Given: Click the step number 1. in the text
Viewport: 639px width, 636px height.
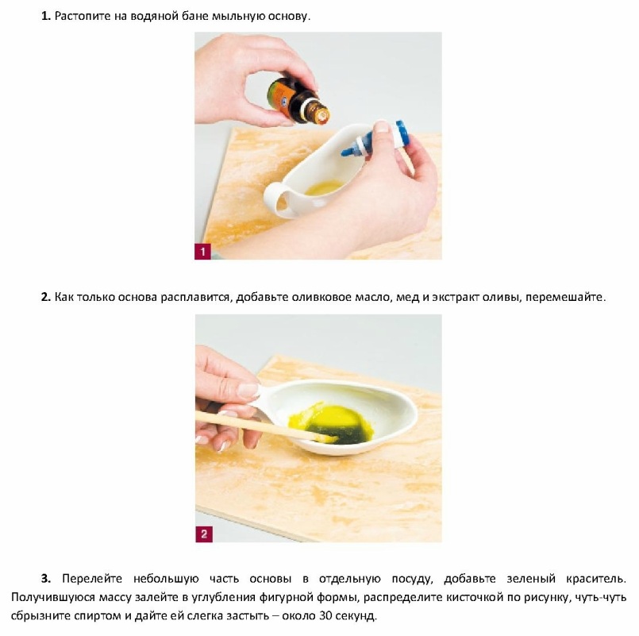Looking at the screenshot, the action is click(46, 17).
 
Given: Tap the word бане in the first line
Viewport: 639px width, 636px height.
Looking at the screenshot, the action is click(194, 17).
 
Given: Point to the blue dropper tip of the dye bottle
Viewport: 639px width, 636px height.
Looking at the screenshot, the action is click(347, 152).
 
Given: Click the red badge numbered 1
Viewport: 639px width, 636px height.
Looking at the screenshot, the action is click(202, 251).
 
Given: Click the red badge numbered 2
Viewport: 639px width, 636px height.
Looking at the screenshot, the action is click(204, 534).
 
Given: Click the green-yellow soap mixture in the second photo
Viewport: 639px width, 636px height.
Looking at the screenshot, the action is click(333, 423).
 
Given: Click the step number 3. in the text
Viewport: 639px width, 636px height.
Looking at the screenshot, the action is click(46, 579).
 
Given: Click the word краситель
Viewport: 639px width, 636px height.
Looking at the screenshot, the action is click(595, 579).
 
